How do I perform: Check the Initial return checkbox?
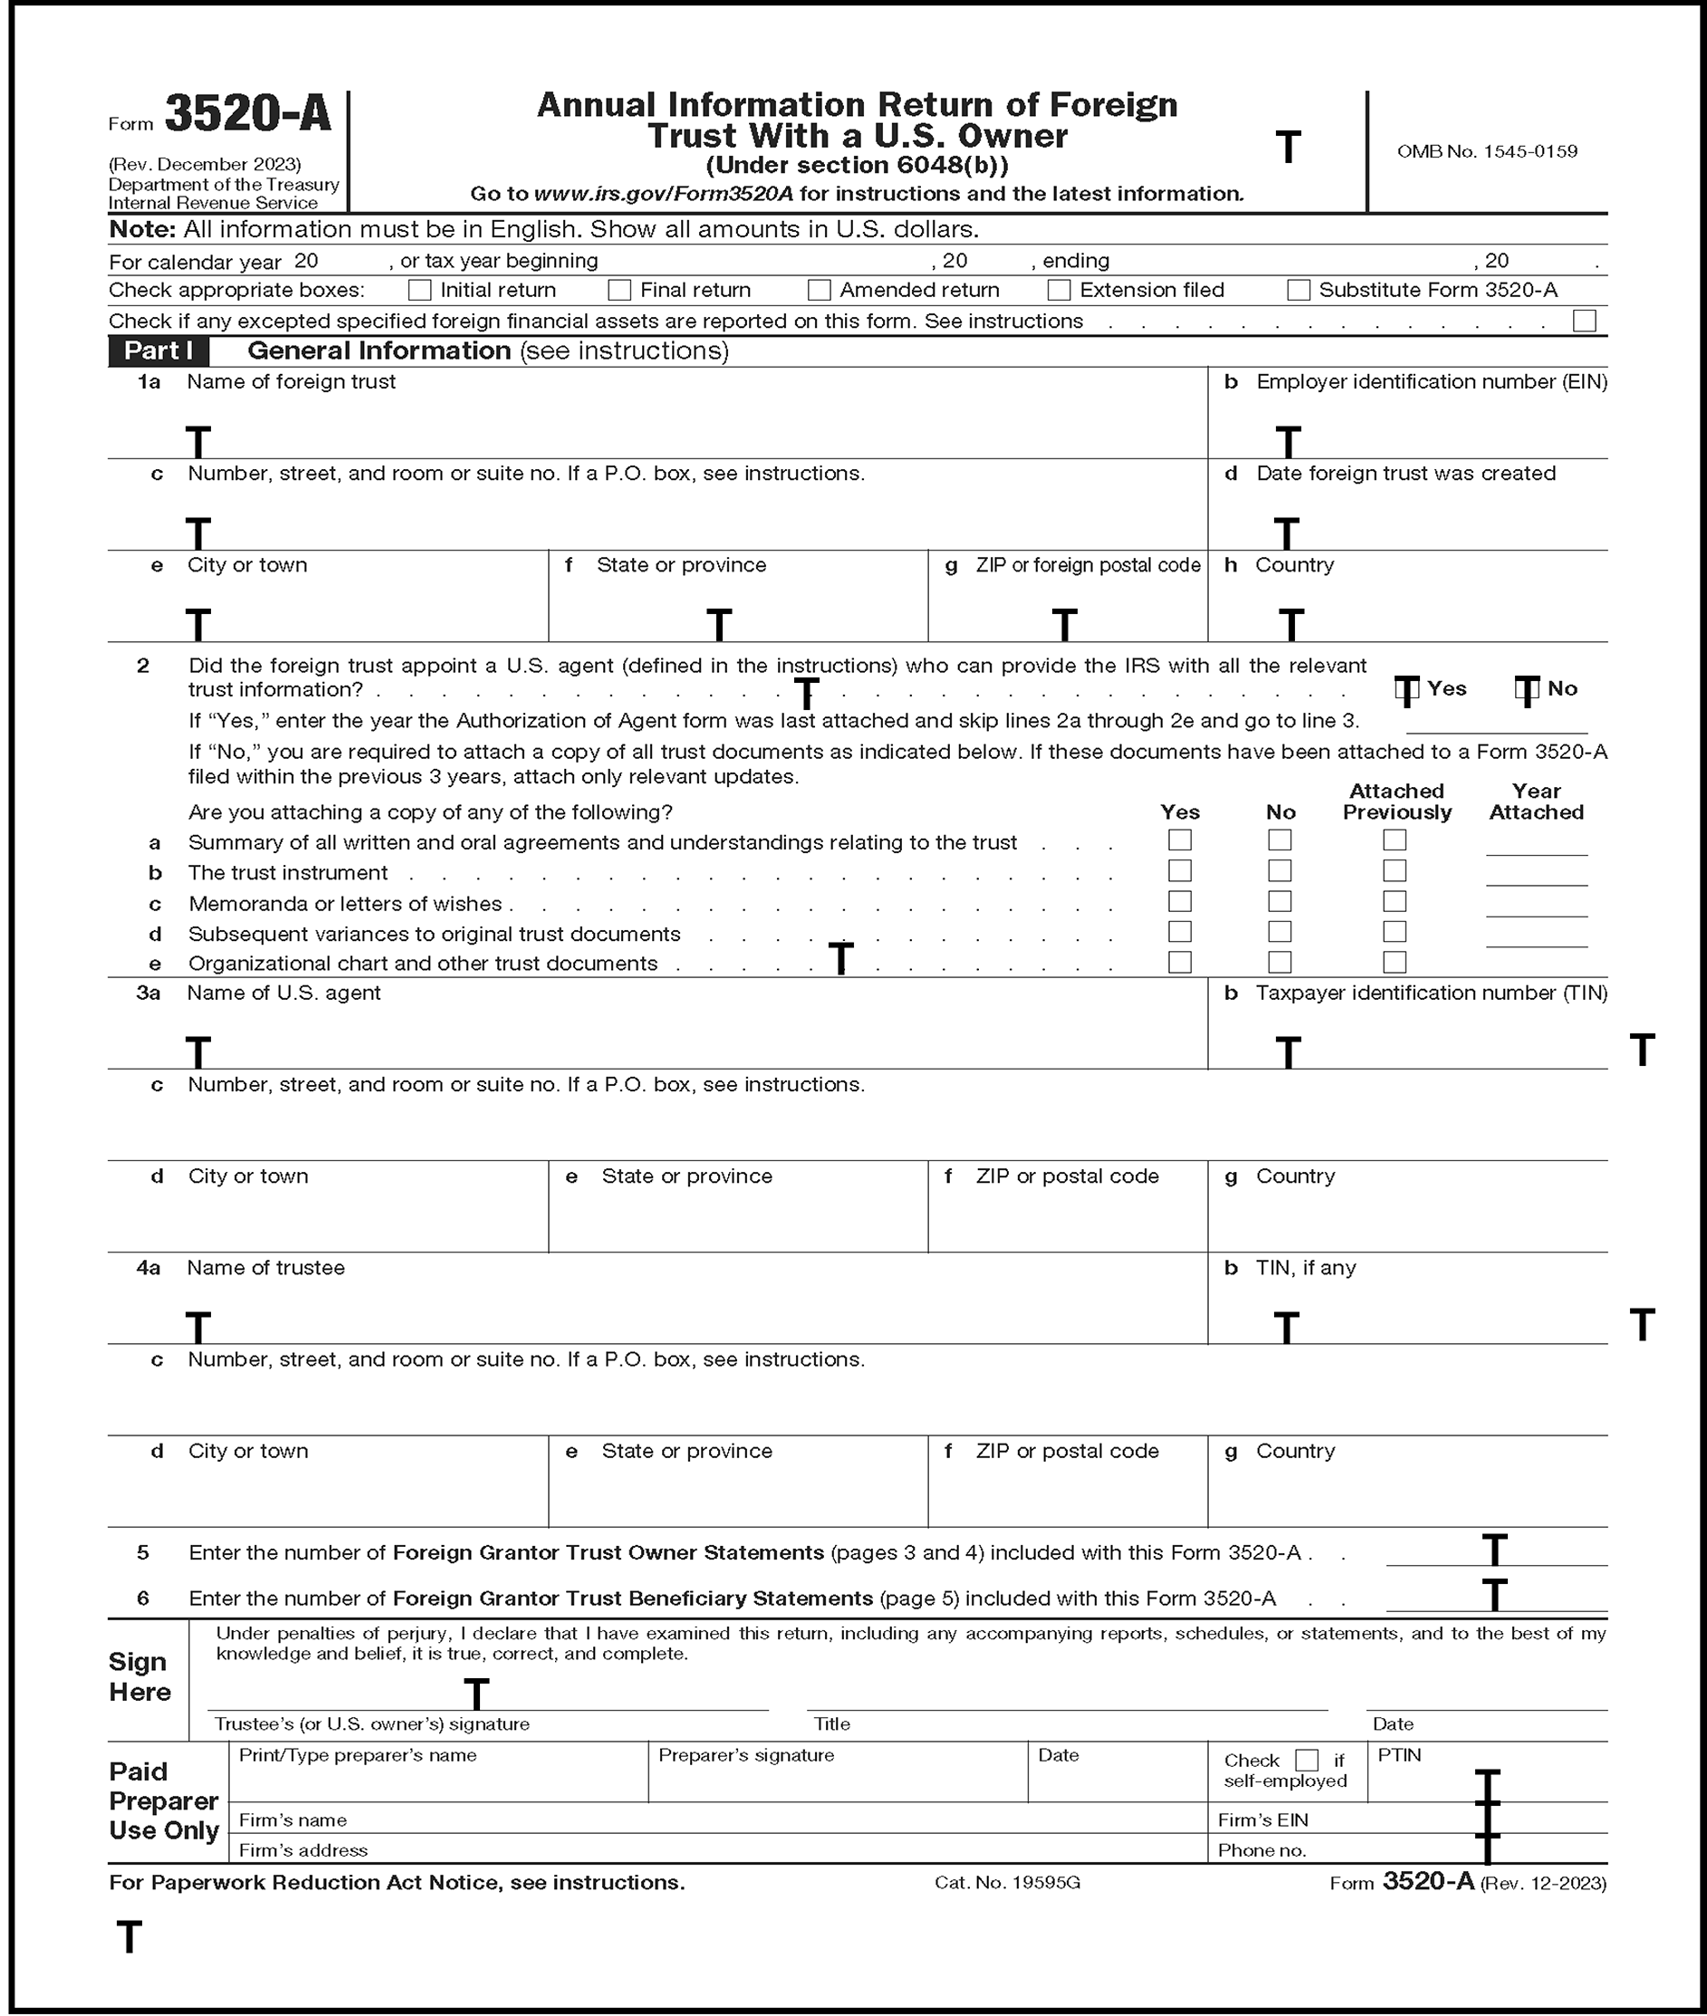(x=419, y=291)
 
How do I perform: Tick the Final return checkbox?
(x=619, y=291)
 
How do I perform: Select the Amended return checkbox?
(x=819, y=291)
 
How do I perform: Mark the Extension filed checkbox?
(x=1059, y=291)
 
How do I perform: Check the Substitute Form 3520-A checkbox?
(x=1299, y=291)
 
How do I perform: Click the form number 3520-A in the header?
(x=248, y=115)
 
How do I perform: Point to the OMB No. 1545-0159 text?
(x=1486, y=151)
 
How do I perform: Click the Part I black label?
(x=158, y=350)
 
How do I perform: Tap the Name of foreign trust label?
(x=292, y=381)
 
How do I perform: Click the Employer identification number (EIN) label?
(x=1431, y=381)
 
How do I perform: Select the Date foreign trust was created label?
(x=1405, y=474)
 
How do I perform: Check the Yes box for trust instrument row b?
(x=1180, y=871)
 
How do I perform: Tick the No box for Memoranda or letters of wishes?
(x=1280, y=901)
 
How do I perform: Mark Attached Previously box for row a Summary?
(x=1395, y=840)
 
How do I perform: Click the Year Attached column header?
(x=1536, y=802)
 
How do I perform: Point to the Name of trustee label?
(x=265, y=1268)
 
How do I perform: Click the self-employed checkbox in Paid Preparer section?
(x=1307, y=1760)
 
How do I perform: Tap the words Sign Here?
(x=139, y=1676)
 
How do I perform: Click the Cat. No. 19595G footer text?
(x=1006, y=1883)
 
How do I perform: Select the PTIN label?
(x=1399, y=1754)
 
